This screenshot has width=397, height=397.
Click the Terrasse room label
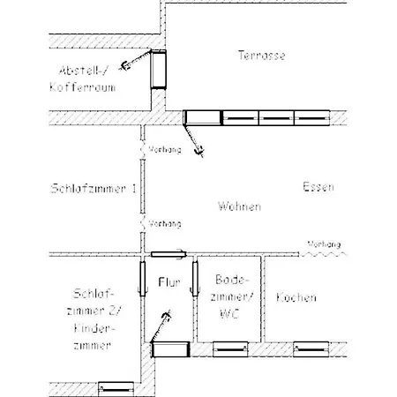pos(261,56)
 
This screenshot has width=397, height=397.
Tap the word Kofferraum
pos(83,87)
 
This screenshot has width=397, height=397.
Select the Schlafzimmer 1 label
pos(94,188)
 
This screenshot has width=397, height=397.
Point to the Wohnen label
pos(239,206)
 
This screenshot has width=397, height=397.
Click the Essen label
pos(318,187)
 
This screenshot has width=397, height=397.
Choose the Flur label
pos(169,282)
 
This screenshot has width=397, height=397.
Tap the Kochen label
pos(296,297)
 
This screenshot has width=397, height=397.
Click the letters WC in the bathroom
pos(229,314)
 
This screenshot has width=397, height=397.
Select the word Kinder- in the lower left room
pos(94,328)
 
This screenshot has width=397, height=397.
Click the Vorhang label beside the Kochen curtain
pos(324,244)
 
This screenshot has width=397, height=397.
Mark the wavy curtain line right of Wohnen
pos(323,254)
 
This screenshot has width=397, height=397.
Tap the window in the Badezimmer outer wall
pos(230,349)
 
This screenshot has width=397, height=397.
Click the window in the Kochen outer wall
pos(311,349)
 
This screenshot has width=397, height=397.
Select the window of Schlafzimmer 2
pos(116,389)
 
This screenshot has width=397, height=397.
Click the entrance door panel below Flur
pos(170,349)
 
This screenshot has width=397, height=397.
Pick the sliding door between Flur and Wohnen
pos(169,254)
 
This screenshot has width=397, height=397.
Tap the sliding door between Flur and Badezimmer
pos(195,279)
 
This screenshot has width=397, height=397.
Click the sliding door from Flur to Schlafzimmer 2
pos(143,279)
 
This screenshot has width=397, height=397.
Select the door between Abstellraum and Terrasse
pos(158,70)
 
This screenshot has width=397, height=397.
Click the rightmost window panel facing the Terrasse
pos(311,118)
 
